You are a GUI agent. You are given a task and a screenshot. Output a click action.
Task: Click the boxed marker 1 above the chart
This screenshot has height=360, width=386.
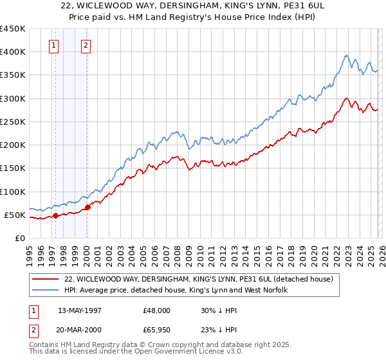point(53,45)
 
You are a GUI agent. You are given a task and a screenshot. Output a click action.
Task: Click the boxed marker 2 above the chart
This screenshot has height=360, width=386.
point(86,45)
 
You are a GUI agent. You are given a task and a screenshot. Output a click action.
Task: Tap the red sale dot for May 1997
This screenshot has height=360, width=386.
point(55,216)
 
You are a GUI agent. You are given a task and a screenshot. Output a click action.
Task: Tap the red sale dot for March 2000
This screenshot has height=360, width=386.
point(87,208)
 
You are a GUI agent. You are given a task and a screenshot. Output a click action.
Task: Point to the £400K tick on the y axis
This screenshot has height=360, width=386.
point(13,52)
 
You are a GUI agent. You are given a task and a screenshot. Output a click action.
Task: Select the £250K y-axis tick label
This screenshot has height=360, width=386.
point(13,122)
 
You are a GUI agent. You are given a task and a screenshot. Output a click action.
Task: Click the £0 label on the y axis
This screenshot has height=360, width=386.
point(19,239)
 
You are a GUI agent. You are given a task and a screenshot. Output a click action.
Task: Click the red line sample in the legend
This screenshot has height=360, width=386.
point(46,279)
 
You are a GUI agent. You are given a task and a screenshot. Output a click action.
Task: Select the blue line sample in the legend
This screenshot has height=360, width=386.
point(46,291)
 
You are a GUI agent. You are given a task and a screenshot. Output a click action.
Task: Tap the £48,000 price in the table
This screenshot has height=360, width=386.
point(157,309)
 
